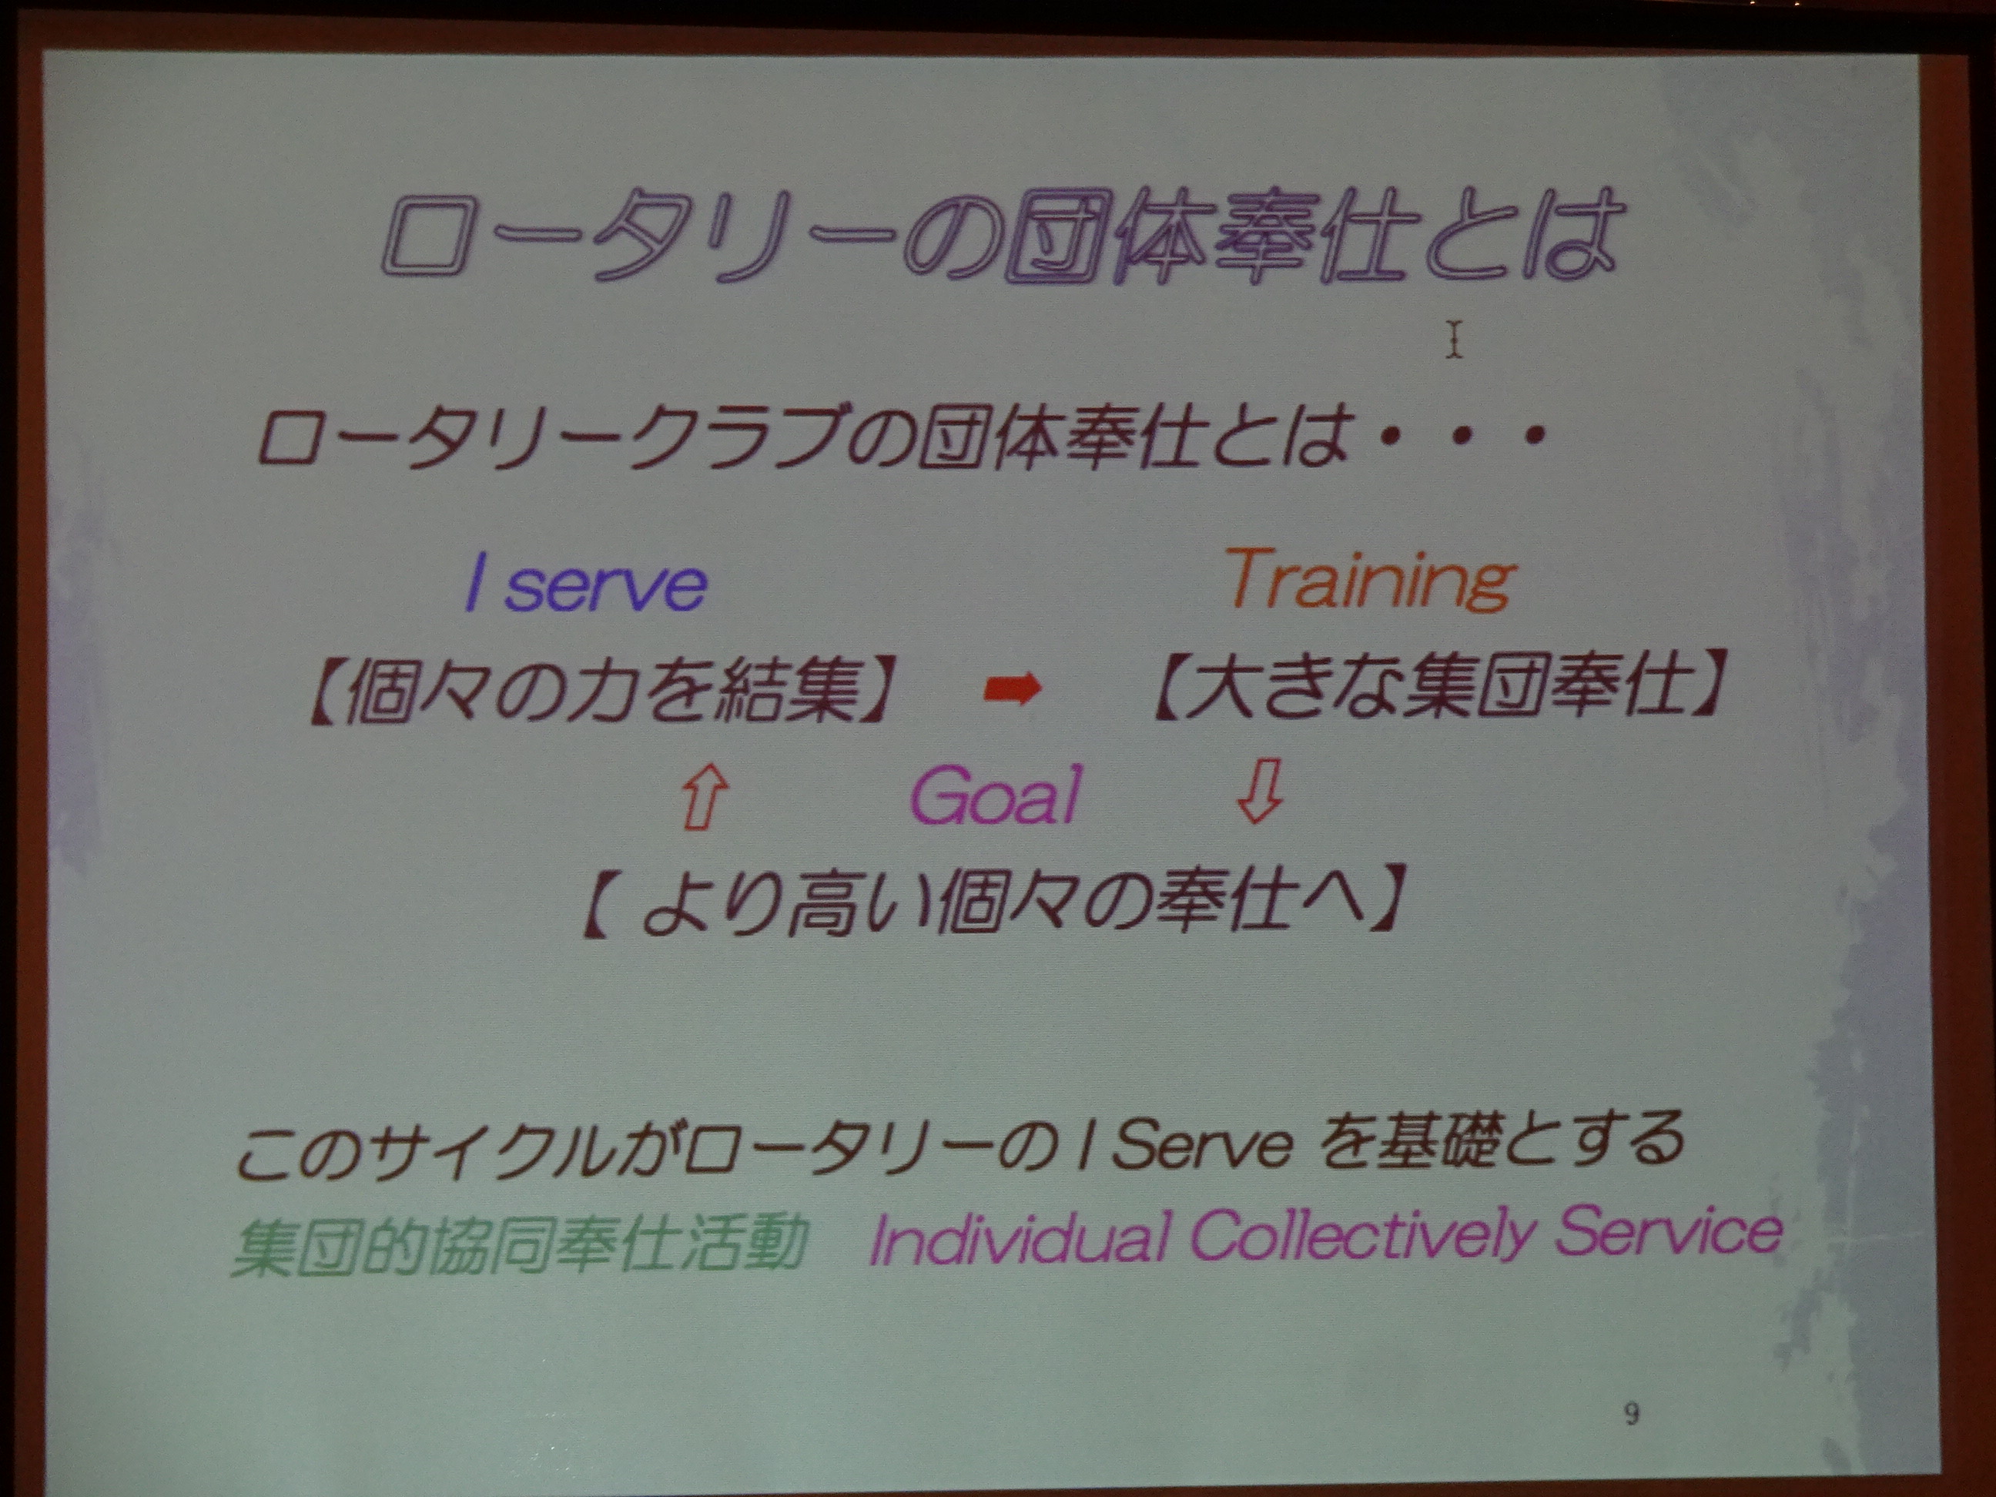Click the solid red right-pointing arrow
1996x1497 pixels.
(1012, 690)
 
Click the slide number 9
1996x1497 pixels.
(1630, 1412)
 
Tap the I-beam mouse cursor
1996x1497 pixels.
(1453, 340)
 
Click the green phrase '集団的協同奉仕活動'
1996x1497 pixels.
(519, 1244)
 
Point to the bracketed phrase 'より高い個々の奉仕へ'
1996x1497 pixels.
(992, 899)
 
